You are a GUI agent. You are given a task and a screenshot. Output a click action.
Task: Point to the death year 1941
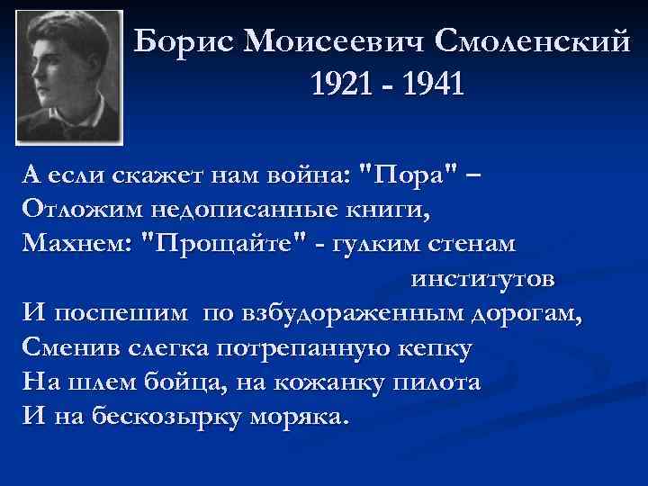point(429,85)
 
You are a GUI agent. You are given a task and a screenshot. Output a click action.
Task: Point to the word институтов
point(483,278)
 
